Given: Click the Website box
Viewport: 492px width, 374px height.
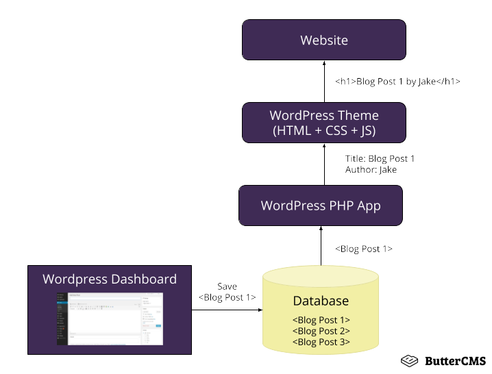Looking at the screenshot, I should [x=324, y=40].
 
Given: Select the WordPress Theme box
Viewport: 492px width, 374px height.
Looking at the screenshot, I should [x=324, y=123].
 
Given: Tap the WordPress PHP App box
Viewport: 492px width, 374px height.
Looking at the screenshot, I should [x=321, y=205].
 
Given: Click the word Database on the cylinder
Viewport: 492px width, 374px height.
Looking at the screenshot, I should [x=321, y=301].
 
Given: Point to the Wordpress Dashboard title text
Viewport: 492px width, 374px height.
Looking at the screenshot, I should [x=110, y=279].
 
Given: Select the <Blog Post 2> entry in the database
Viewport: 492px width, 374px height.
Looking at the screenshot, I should [x=321, y=331].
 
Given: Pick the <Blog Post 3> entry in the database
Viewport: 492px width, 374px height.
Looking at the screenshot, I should [x=321, y=342].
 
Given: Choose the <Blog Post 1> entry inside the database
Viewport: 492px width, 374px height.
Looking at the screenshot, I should [x=321, y=320].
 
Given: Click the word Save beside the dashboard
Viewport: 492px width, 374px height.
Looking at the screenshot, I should [x=227, y=286].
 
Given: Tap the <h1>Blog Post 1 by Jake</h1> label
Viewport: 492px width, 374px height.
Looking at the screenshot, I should [x=397, y=82].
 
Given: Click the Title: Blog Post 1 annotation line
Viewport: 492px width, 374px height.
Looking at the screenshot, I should [x=380, y=159].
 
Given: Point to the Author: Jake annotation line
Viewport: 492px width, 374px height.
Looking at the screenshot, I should [x=371, y=169].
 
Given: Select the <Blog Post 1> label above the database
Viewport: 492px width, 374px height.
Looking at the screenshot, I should [x=363, y=249].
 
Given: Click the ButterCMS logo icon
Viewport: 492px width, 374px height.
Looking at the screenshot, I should [x=410, y=360].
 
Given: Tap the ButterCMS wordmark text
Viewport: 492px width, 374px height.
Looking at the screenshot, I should [x=455, y=360].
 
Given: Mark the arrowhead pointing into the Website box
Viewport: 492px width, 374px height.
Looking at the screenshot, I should [x=324, y=62].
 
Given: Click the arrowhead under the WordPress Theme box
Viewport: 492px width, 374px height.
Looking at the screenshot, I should [x=324, y=145].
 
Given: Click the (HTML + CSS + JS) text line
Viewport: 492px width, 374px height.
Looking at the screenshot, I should [x=324, y=130].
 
